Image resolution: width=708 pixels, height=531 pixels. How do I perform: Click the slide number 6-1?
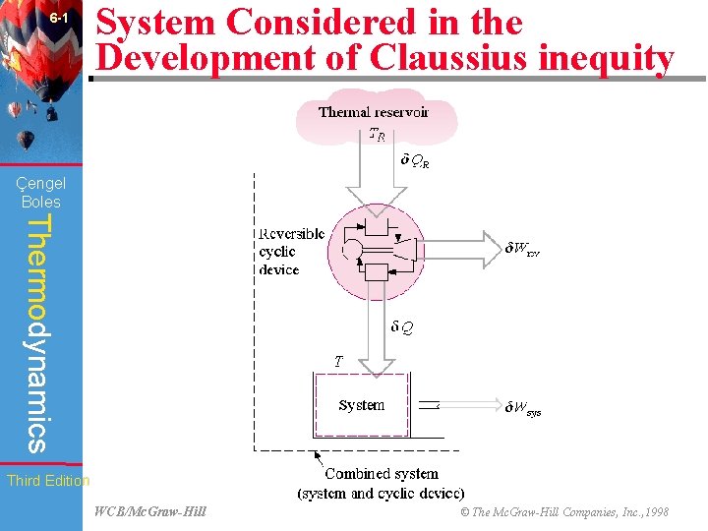point(58,19)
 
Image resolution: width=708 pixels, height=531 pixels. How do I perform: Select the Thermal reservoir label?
point(373,112)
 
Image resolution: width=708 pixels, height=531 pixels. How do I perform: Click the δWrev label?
point(522,248)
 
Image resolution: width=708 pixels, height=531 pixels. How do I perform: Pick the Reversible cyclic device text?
point(291,252)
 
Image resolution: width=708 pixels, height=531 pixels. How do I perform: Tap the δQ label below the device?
point(401,328)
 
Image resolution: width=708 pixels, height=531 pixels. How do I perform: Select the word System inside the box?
point(362,405)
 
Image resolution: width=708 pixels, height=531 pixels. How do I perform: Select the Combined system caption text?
point(382,483)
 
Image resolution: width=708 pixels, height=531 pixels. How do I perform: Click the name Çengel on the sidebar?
point(40,183)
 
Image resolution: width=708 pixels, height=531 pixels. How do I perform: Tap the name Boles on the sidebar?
point(40,202)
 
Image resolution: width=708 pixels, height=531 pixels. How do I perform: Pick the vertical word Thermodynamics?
point(36,333)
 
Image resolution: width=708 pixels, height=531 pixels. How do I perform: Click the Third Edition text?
point(48,481)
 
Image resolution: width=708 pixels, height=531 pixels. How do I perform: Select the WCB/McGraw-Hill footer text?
point(150,511)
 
